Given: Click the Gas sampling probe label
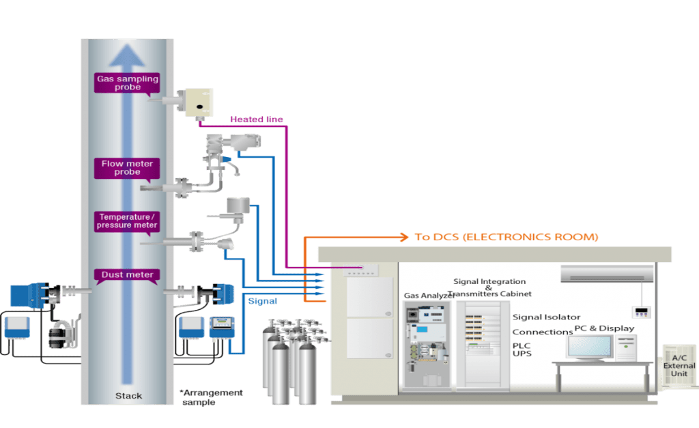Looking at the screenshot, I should pos(127,83).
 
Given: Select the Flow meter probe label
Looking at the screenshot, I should pos(127,168).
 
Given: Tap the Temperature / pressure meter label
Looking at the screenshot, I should pos(127,220).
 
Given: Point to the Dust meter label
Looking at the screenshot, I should pos(127,274).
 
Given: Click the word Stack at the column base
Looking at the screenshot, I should pos(128,395).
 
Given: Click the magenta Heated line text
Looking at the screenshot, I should pos(256,119).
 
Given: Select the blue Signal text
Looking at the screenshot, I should pos(262,300).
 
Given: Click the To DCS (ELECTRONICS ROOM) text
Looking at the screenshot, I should pos(506,237).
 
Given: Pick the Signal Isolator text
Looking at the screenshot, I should pos(546,317).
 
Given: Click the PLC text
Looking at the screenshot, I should pos(522,345).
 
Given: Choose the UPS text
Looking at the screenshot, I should pos(522,354).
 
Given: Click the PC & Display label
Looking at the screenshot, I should pos(604,328).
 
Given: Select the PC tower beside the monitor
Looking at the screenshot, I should pos(625,347).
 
